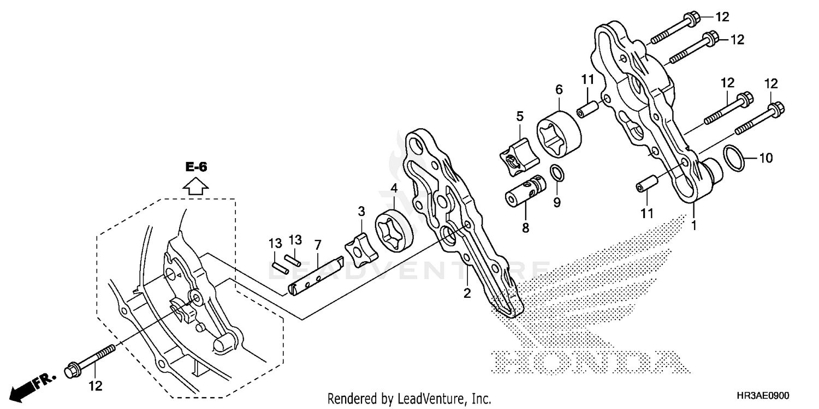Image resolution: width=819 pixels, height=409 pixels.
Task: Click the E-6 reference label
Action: (x=196, y=168)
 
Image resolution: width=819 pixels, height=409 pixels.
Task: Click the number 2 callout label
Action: (x=467, y=293)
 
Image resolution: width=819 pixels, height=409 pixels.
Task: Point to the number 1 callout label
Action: (x=694, y=224)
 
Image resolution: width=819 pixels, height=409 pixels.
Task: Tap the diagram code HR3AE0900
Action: (x=763, y=396)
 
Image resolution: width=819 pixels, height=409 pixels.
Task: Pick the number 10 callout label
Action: (x=766, y=158)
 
